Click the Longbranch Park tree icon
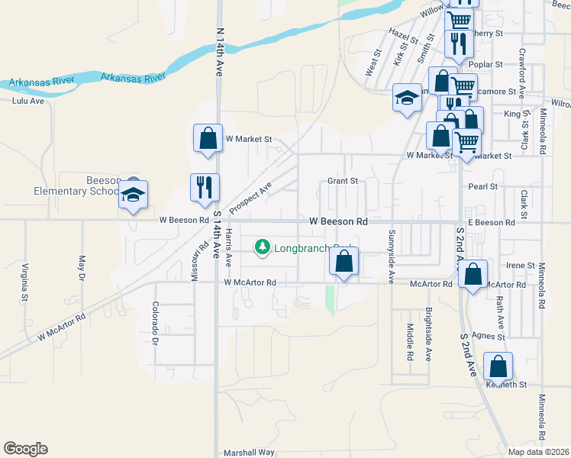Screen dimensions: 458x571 [263, 247]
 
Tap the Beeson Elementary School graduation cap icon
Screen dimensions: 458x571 [134, 195]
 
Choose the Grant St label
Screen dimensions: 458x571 [343, 181]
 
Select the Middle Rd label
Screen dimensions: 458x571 [410, 340]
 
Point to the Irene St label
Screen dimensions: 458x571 [520, 265]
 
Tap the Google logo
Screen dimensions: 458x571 [25, 449]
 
